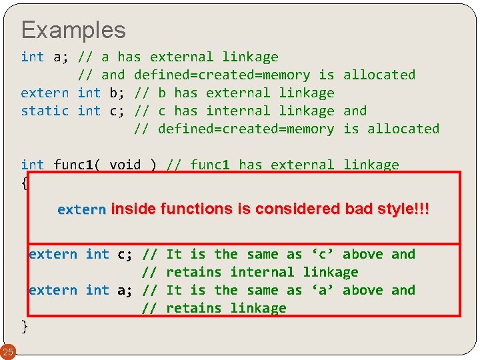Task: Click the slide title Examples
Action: click(73, 30)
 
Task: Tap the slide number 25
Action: click(8, 351)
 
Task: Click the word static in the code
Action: click(45, 111)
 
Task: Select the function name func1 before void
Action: click(77, 165)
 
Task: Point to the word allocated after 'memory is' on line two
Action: click(379, 75)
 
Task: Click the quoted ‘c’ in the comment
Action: click(323, 254)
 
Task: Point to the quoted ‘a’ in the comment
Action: click(323, 290)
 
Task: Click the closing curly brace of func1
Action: click(25, 326)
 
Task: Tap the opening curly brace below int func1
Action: click(25, 183)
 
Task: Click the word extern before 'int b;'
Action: click(45, 93)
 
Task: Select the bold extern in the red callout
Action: click(81, 209)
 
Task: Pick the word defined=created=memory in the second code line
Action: click(222, 75)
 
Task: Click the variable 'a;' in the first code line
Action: click(61, 57)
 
